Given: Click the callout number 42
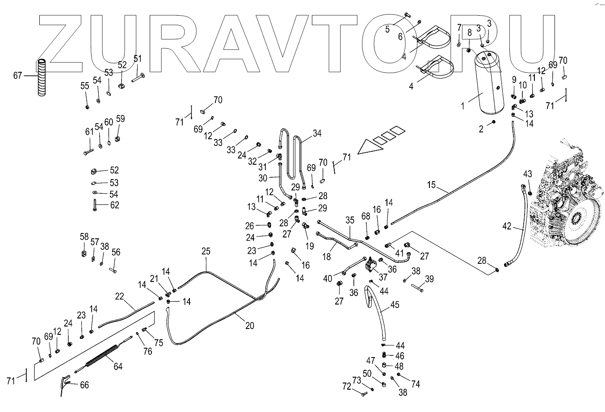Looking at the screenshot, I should pos(506,226).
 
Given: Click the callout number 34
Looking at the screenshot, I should pos(317,133).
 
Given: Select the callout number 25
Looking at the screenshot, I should pos(205,251).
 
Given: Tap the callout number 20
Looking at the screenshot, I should pos(249,326).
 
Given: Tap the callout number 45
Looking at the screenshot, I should pos(395,305).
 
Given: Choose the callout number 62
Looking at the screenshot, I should pos(115,205).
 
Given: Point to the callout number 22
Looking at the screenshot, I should pos(119,296).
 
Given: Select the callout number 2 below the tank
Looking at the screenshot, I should pos(481,129).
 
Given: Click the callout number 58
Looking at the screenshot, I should pos(84,236).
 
